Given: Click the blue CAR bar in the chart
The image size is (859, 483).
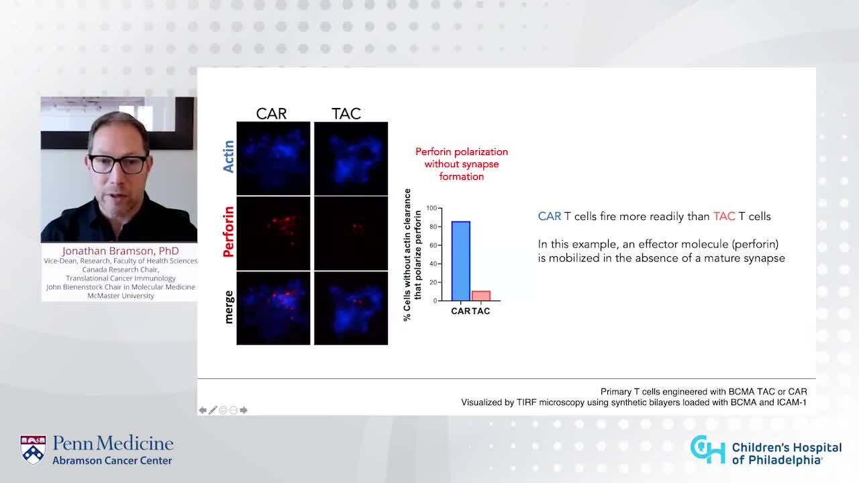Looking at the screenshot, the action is click(460, 261).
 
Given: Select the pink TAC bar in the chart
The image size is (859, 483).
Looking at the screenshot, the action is click(481, 296).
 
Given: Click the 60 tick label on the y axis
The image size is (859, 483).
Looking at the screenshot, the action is click(434, 246).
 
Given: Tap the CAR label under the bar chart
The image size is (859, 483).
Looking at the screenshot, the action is click(460, 311).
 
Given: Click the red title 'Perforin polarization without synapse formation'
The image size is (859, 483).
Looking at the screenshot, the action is click(462, 164).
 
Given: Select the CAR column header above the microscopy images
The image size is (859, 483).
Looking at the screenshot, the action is click(271, 113).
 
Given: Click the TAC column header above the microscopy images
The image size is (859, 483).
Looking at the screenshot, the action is click(346, 113).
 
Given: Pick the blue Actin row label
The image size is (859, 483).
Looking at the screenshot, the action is click(228, 156).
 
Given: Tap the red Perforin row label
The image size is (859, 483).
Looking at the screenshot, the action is click(228, 232).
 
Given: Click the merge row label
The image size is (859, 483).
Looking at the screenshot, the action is click(228, 307).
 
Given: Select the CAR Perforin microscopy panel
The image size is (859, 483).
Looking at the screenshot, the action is click(273, 233).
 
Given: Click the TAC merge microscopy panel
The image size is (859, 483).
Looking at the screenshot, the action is click(351, 308).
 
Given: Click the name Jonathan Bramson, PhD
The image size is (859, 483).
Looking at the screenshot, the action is click(120, 251).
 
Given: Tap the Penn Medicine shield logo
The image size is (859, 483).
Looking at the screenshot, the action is click(33, 449).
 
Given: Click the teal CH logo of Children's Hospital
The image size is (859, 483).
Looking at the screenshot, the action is click(708, 449).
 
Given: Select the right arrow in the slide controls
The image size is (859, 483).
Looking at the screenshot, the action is click(244, 410).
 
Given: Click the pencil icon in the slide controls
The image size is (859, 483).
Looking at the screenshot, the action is click(213, 410).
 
